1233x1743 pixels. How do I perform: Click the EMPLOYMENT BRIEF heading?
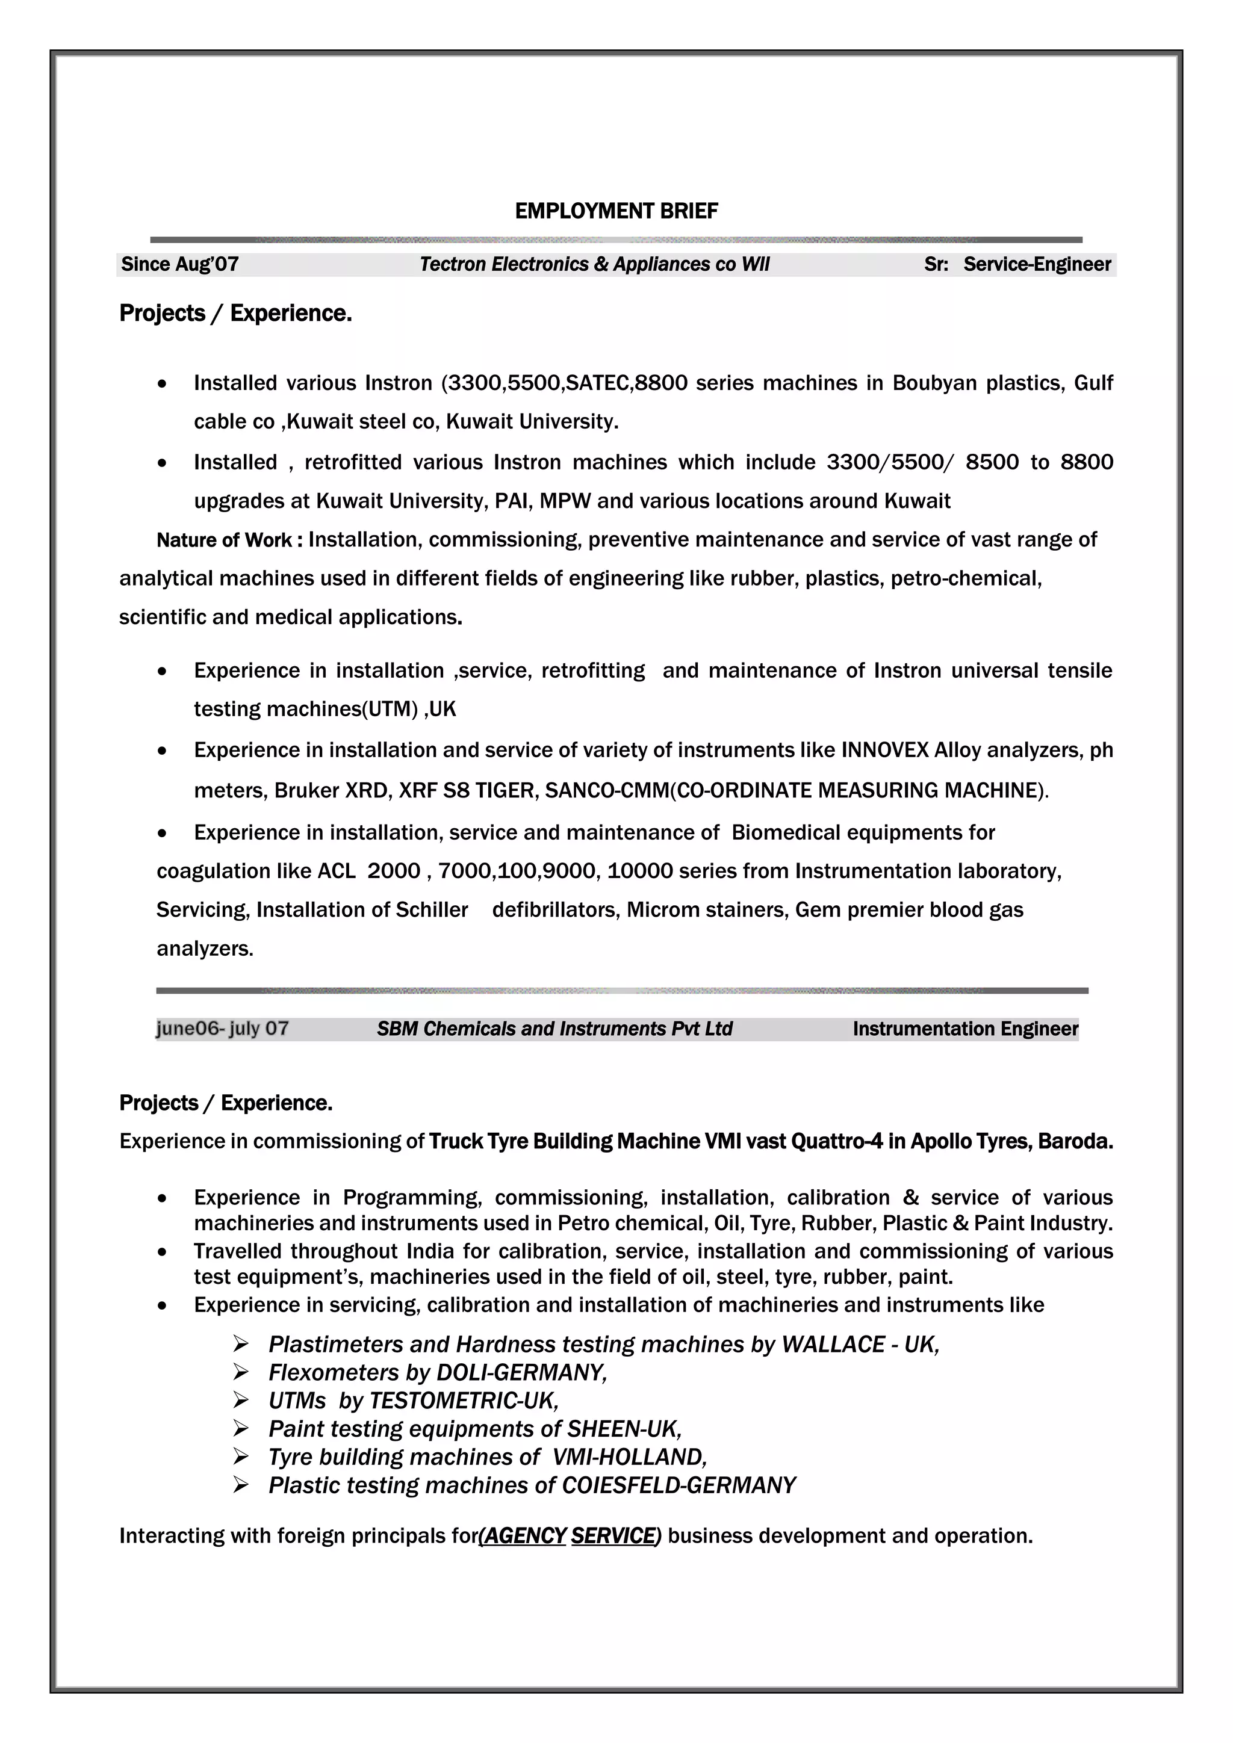[616, 211]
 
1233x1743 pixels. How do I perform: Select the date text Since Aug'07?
[180, 264]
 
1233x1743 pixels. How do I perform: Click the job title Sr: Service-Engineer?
[1017, 264]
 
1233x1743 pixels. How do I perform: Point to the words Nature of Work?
[224, 540]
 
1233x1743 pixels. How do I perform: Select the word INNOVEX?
[884, 750]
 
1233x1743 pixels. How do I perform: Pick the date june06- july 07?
[222, 1029]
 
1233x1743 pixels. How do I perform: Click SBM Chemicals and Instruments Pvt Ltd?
[554, 1029]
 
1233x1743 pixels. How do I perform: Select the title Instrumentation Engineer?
[965, 1029]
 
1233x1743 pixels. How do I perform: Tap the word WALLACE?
[833, 1345]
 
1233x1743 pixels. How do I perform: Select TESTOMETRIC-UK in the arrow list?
[463, 1401]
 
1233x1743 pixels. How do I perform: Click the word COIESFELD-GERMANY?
[678, 1485]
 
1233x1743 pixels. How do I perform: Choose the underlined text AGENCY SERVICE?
[570, 1536]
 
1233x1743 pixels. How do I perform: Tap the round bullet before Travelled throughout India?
[162, 1252]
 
